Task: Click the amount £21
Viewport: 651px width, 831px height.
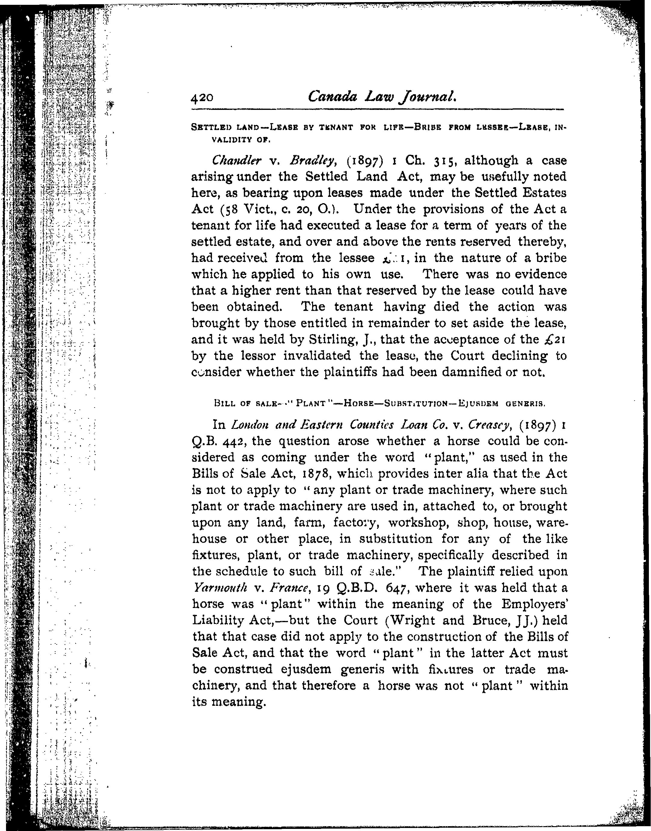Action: [x=555, y=340]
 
